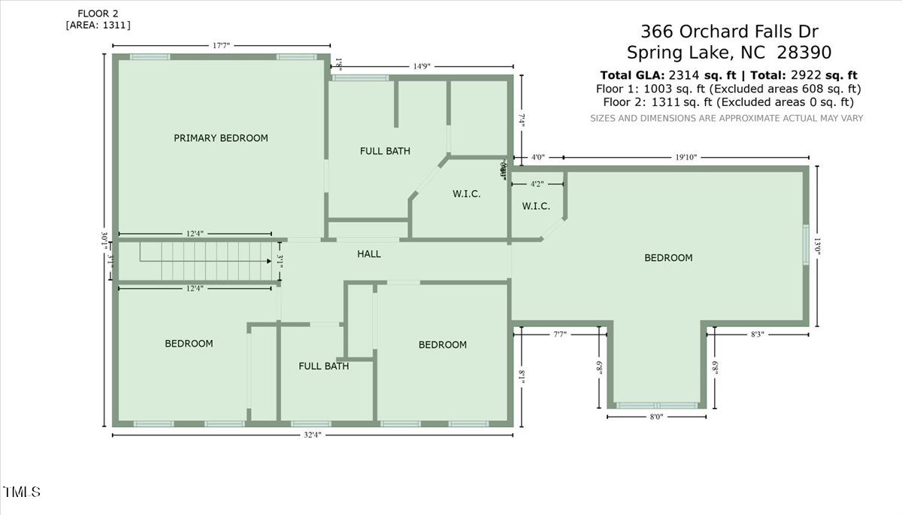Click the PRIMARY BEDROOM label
point(221,138)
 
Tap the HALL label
point(369,254)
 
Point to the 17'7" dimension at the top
point(221,46)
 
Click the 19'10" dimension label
point(686,157)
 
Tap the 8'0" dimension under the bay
point(655,416)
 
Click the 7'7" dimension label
point(559,334)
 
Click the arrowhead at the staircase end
point(269,261)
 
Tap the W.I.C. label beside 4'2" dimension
point(536,206)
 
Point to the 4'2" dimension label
point(537,183)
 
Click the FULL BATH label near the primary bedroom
point(385,151)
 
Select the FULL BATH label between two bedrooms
point(323,366)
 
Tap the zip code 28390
point(800,53)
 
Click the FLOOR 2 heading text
point(98,14)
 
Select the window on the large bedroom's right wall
point(805,244)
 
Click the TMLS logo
point(22,492)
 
